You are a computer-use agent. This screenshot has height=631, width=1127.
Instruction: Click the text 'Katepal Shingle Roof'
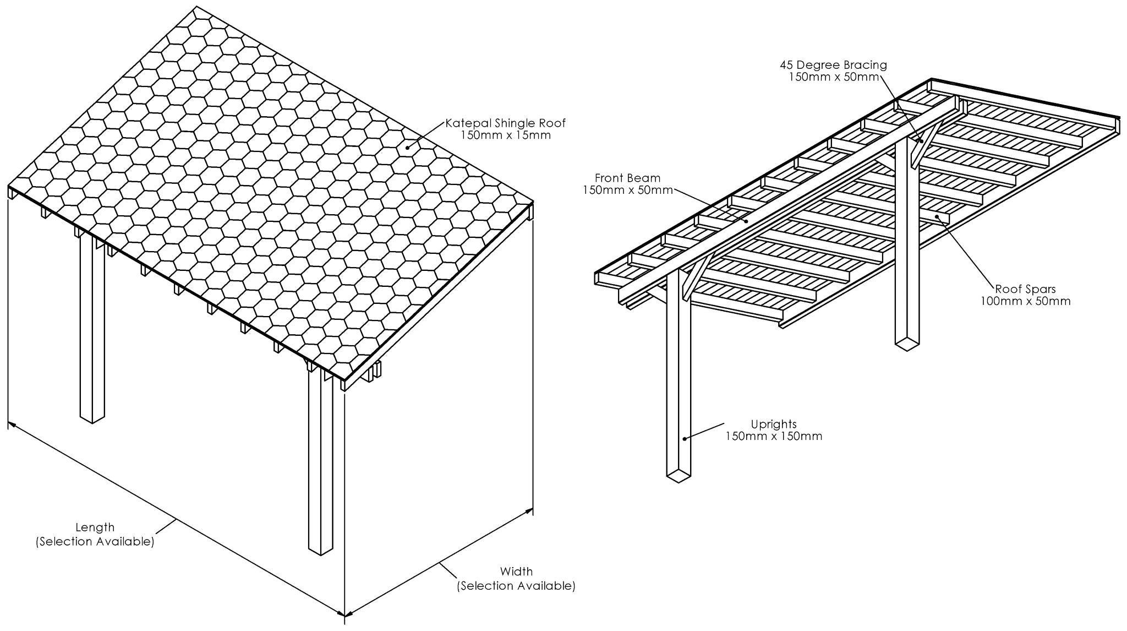click(505, 123)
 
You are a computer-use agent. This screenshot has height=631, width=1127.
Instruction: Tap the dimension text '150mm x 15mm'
click(505, 135)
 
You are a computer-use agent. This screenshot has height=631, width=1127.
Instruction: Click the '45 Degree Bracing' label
click(833, 65)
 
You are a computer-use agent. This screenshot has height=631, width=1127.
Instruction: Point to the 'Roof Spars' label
click(1025, 289)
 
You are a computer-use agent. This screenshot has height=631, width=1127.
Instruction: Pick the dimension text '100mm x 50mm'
click(1025, 301)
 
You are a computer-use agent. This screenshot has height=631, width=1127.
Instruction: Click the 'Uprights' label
click(774, 424)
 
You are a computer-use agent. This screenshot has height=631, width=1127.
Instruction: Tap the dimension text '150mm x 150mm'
click(774, 437)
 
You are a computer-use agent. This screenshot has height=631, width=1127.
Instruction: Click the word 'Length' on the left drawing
click(95, 527)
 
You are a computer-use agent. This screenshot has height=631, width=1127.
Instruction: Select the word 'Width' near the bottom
click(516, 572)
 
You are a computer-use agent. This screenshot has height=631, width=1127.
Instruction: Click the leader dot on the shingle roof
click(407, 147)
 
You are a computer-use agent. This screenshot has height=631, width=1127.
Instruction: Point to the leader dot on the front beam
click(746, 221)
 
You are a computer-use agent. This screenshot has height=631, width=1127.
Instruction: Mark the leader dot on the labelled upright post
click(685, 438)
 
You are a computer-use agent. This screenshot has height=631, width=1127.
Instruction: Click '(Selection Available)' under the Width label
click(516, 586)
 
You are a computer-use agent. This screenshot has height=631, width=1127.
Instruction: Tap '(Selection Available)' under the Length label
click(95, 542)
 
